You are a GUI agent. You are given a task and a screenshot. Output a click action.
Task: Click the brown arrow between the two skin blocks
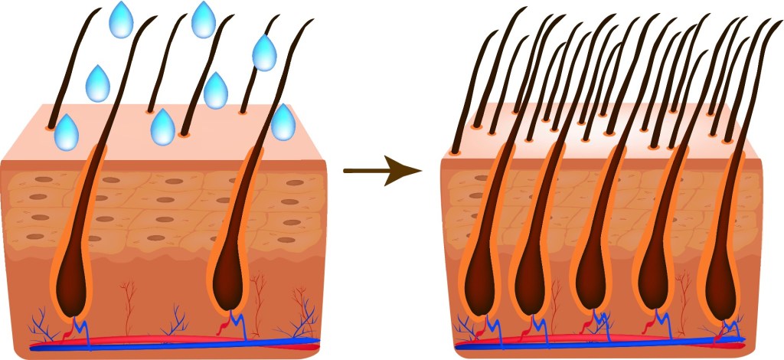point(381,172)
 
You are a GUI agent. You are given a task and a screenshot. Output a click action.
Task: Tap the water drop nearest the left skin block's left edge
point(67,132)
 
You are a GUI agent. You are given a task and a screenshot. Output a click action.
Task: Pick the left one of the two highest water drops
point(120,20)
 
